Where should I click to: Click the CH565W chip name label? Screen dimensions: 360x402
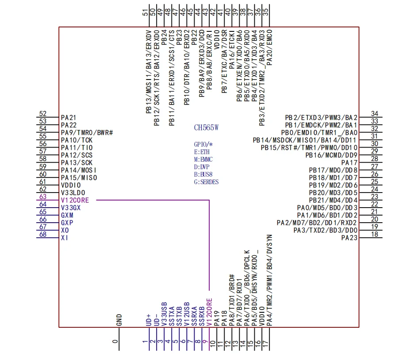207,128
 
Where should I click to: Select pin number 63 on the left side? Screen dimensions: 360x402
43,197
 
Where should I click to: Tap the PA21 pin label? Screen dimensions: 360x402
69,117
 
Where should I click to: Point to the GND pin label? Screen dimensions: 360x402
119,320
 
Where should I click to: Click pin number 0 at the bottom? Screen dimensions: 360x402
116,341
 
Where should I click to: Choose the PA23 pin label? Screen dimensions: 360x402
349,238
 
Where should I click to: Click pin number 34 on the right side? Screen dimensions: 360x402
375,114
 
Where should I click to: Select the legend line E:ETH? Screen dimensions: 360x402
202,152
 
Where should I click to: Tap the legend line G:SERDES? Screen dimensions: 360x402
206,182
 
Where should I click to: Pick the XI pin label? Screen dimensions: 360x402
64,238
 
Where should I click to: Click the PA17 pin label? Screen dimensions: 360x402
349,163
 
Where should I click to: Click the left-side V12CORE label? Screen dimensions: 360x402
75,200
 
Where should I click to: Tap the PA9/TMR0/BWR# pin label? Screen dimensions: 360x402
87,133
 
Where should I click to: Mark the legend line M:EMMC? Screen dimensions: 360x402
203,159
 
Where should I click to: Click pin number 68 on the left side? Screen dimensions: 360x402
43,234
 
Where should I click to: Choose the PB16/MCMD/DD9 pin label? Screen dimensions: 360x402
331,155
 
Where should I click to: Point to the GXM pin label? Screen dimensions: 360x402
67,215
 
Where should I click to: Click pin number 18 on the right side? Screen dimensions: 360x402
375,234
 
